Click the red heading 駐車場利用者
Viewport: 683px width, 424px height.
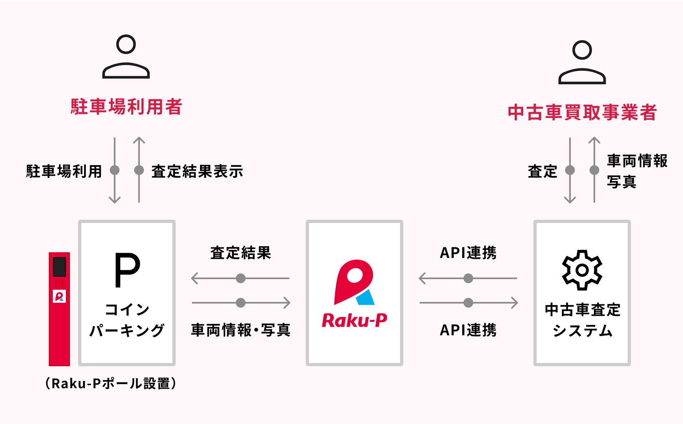[126, 107]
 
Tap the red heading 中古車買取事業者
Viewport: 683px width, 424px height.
[582, 112]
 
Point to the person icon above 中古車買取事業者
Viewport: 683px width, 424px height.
[582, 62]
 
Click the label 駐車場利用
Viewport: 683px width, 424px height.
[64, 171]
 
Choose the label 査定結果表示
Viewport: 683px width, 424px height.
[197, 171]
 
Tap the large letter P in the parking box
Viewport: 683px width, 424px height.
[127, 270]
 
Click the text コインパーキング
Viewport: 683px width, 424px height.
[127, 320]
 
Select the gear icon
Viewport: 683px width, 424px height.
[582, 270]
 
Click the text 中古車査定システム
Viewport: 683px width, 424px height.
[582, 320]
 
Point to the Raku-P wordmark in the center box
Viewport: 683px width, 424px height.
[354, 321]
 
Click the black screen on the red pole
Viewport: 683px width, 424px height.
[59, 267]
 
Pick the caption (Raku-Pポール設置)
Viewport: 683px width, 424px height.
[111, 383]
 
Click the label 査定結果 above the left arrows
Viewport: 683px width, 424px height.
[241, 253]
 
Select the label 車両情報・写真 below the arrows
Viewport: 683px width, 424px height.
[241, 330]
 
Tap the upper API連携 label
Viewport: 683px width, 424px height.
[468, 253]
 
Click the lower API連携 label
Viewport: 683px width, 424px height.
[468, 330]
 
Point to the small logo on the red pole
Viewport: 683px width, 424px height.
[59, 296]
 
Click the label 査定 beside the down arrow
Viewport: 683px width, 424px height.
[542, 171]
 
